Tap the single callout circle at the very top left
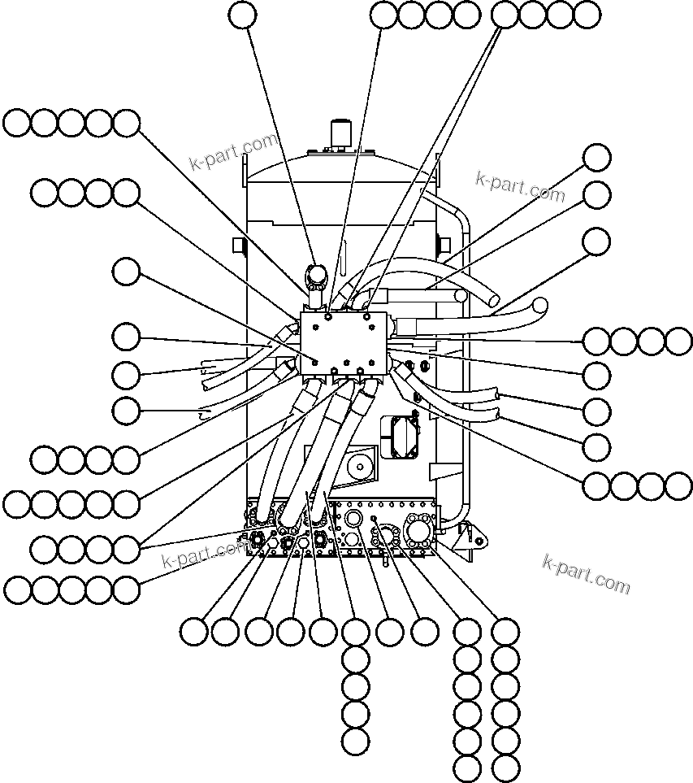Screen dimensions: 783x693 point(242,14)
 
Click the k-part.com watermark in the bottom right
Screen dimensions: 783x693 point(586,574)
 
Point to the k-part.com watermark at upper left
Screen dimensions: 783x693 point(233,152)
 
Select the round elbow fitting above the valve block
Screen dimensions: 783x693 point(315,275)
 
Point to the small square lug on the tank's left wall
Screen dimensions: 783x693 point(238,245)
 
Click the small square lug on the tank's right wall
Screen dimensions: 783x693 point(444,244)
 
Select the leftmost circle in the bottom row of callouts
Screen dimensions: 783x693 point(193,632)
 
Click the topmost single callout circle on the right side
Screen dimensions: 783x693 point(597,158)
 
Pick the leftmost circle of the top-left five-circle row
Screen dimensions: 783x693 point(17,124)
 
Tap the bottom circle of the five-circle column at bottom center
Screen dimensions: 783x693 point(356,742)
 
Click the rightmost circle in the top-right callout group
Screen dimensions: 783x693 point(586,14)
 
